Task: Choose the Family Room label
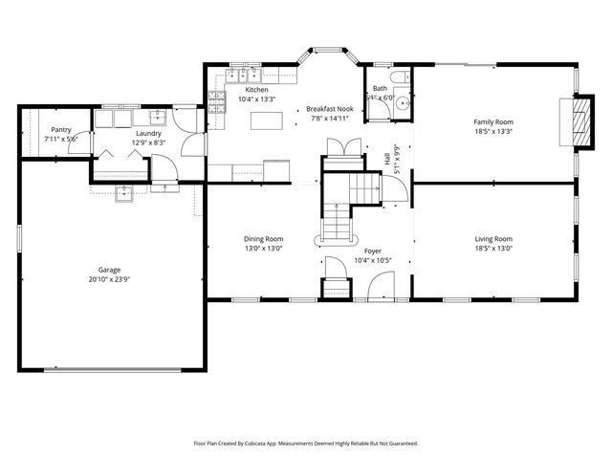pyautogui.click(x=494, y=122)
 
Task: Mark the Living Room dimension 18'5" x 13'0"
pyautogui.click(x=494, y=249)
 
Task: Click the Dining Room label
pyautogui.click(x=263, y=239)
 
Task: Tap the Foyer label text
pyautogui.click(x=372, y=251)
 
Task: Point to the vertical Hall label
pyautogui.click(x=387, y=161)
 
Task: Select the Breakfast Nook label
pyautogui.click(x=330, y=110)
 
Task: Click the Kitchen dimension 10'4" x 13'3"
pyautogui.click(x=257, y=98)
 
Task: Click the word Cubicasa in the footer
pyautogui.click(x=280, y=444)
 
